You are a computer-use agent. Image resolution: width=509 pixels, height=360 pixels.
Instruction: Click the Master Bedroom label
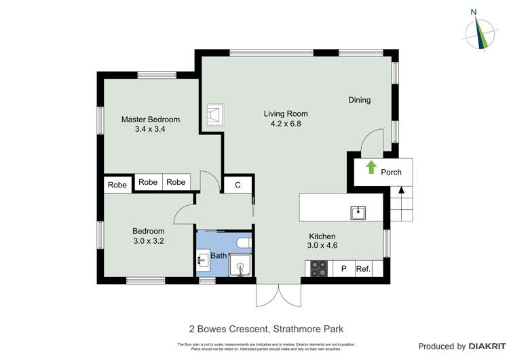pyautogui.click(x=151, y=120)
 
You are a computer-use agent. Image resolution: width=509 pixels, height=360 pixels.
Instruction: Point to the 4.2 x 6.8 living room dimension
pyautogui.click(x=286, y=124)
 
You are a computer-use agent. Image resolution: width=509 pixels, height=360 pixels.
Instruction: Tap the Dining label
pyautogui.click(x=359, y=101)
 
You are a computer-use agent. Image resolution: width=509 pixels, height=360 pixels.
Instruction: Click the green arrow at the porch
pyautogui.click(x=371, y=167)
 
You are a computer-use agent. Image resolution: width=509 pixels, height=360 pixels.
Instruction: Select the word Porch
pyautogui.click(x=391, y=173)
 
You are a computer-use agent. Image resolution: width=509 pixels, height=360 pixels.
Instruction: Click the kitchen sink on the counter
pyautogui.click(x=358, y=213)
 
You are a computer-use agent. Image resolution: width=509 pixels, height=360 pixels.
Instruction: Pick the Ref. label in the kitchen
pyautogui.click(x=363, y=269)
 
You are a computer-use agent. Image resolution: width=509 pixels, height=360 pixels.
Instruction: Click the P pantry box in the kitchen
pyautogui.click(x=343, y=269)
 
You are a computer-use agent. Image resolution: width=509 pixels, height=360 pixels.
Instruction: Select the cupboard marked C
pyautogui.click(x=238, y=185)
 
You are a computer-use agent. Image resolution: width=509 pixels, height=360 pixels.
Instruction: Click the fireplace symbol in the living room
pyautogui.click(x=216, y=115)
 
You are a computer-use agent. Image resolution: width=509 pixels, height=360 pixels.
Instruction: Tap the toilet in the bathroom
pyautogui.click(x=242, y=242)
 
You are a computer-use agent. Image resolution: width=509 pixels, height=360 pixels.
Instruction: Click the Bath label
pyautogui.click(x=218, y=256)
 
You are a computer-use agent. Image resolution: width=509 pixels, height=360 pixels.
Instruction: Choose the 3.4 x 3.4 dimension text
pyautogui.click(x=151, y=129)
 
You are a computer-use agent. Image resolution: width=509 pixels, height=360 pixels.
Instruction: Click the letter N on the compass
pyautogui.click(x=474, y=12)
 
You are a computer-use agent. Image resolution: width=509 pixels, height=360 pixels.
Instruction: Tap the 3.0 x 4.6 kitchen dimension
pyautogui.click(x=323, y=246)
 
